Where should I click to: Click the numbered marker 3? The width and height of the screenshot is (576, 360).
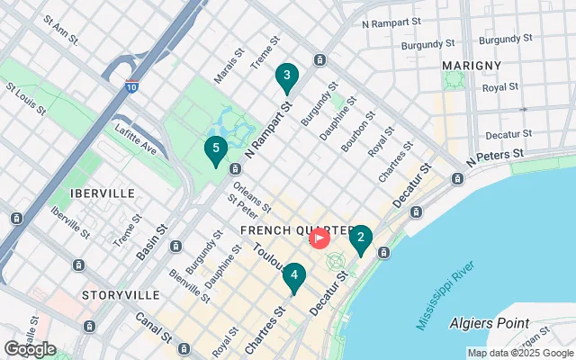click(286, 77)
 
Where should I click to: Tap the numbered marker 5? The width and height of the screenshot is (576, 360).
click(215, 150)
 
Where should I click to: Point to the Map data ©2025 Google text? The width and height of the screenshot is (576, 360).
click(519, 353)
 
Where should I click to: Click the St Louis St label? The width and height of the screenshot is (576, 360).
click(26, 101)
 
